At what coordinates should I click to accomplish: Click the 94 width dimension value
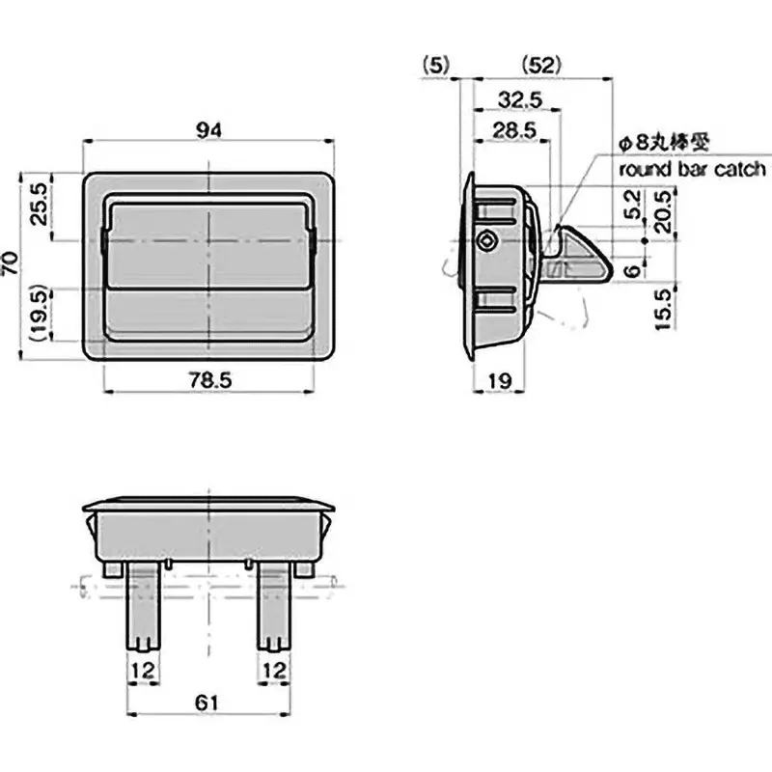coord(209,132)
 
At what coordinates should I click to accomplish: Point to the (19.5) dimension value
coord(39,315)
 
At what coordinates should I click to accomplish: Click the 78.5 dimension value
coord(209,381)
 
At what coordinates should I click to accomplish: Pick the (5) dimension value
coord(436,66)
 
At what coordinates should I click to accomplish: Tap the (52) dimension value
coord(541,66)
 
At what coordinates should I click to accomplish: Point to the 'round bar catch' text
coord(693,170)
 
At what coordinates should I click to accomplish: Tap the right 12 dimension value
coord(275,670)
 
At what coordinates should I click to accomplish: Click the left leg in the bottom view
coord(141,608)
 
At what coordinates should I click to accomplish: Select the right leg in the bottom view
coord(275,608)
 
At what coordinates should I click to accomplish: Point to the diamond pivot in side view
coord(489,240)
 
